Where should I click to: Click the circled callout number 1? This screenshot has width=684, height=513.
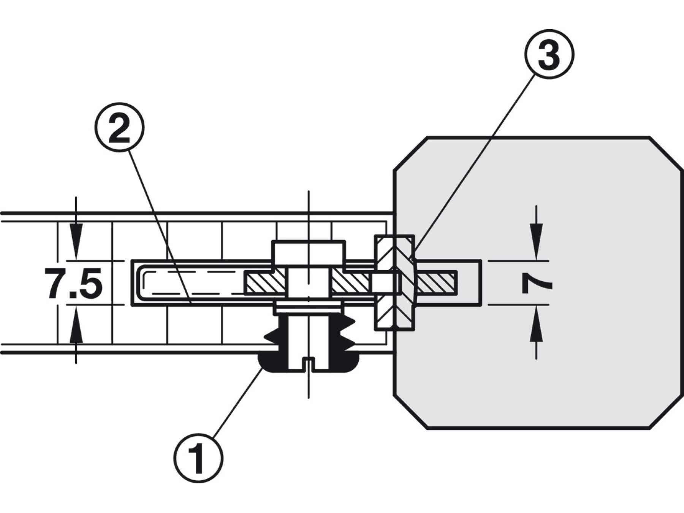(198, 459)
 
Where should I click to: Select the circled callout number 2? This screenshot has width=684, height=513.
(119, 127)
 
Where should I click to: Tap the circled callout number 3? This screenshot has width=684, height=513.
(549, 54)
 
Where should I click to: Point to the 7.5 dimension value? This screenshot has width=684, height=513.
(73, 283)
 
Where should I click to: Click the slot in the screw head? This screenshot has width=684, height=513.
(308, 362)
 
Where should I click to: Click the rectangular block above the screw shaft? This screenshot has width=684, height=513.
(308, 251)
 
